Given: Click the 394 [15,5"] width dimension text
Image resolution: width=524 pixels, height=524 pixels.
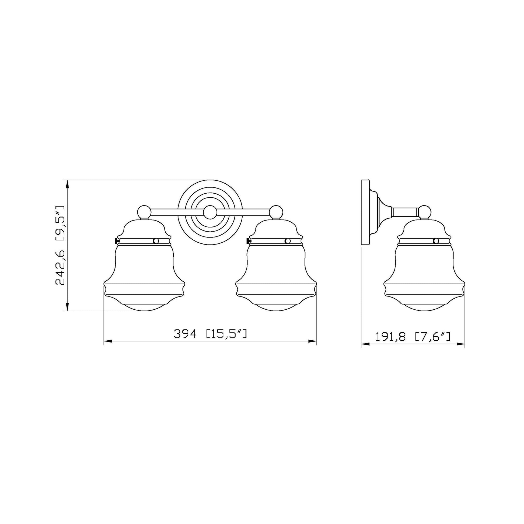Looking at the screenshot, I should [x=210, y=334].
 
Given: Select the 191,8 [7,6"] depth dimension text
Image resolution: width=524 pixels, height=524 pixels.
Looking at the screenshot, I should [x=413, y=337].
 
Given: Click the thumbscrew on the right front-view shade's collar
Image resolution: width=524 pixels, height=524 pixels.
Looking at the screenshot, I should [x=248, y=240].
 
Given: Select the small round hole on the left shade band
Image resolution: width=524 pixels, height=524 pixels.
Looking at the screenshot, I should [x=156, y=241].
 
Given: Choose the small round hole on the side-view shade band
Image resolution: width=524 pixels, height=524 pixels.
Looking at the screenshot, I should [x=436, y=241].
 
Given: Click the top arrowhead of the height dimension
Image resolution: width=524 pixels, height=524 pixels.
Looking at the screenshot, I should [x=67, y=185].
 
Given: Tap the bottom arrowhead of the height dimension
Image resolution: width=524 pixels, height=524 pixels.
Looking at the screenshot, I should [x=67, y=306].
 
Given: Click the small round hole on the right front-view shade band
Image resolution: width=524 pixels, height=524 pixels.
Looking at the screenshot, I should [x=288, y=241].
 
